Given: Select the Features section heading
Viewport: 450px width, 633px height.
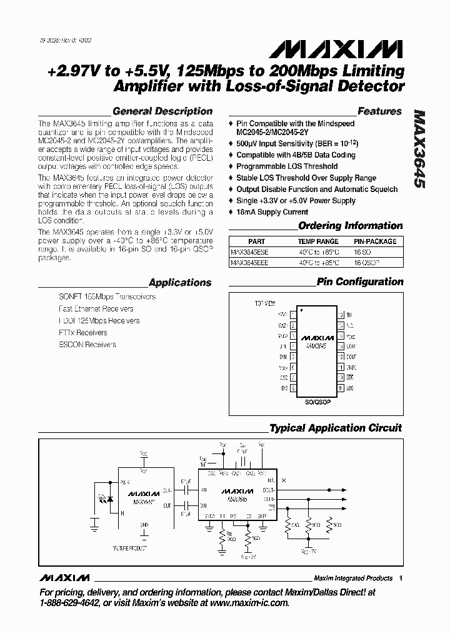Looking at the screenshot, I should pyautogui.click(x=379, y=111).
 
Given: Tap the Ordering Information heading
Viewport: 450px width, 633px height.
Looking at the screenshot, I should pyautogui.click(x=350, y=226).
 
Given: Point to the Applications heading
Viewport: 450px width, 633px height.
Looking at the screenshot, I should pyautogui.click(x=180, y=283).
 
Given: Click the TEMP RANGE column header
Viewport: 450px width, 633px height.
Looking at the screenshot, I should pyautogui.click(x=318, y=241).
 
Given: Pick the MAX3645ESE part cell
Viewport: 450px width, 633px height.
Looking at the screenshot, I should pyautogui.click(x=249, y=252).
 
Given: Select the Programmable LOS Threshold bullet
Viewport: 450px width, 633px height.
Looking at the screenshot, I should pyautogui.click(x=287, y=166).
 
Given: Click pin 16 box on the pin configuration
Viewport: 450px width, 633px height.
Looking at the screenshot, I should pyautogui.click(x=341, y=315).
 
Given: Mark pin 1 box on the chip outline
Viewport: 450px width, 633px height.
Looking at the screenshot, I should pyautogui.click(x=294, y=315).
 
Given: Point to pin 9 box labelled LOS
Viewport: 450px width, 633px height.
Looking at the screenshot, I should pyautogui.click(x=341, y=388).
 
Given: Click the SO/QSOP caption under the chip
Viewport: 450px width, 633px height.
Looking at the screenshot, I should pyautogui.click(x=318, y=402).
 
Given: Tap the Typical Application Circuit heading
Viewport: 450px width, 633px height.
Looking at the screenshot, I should pyautogui.click(x=335, y=428).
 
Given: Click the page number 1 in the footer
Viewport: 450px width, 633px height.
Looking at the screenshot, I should pyautogui.click(x=401, y=578).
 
